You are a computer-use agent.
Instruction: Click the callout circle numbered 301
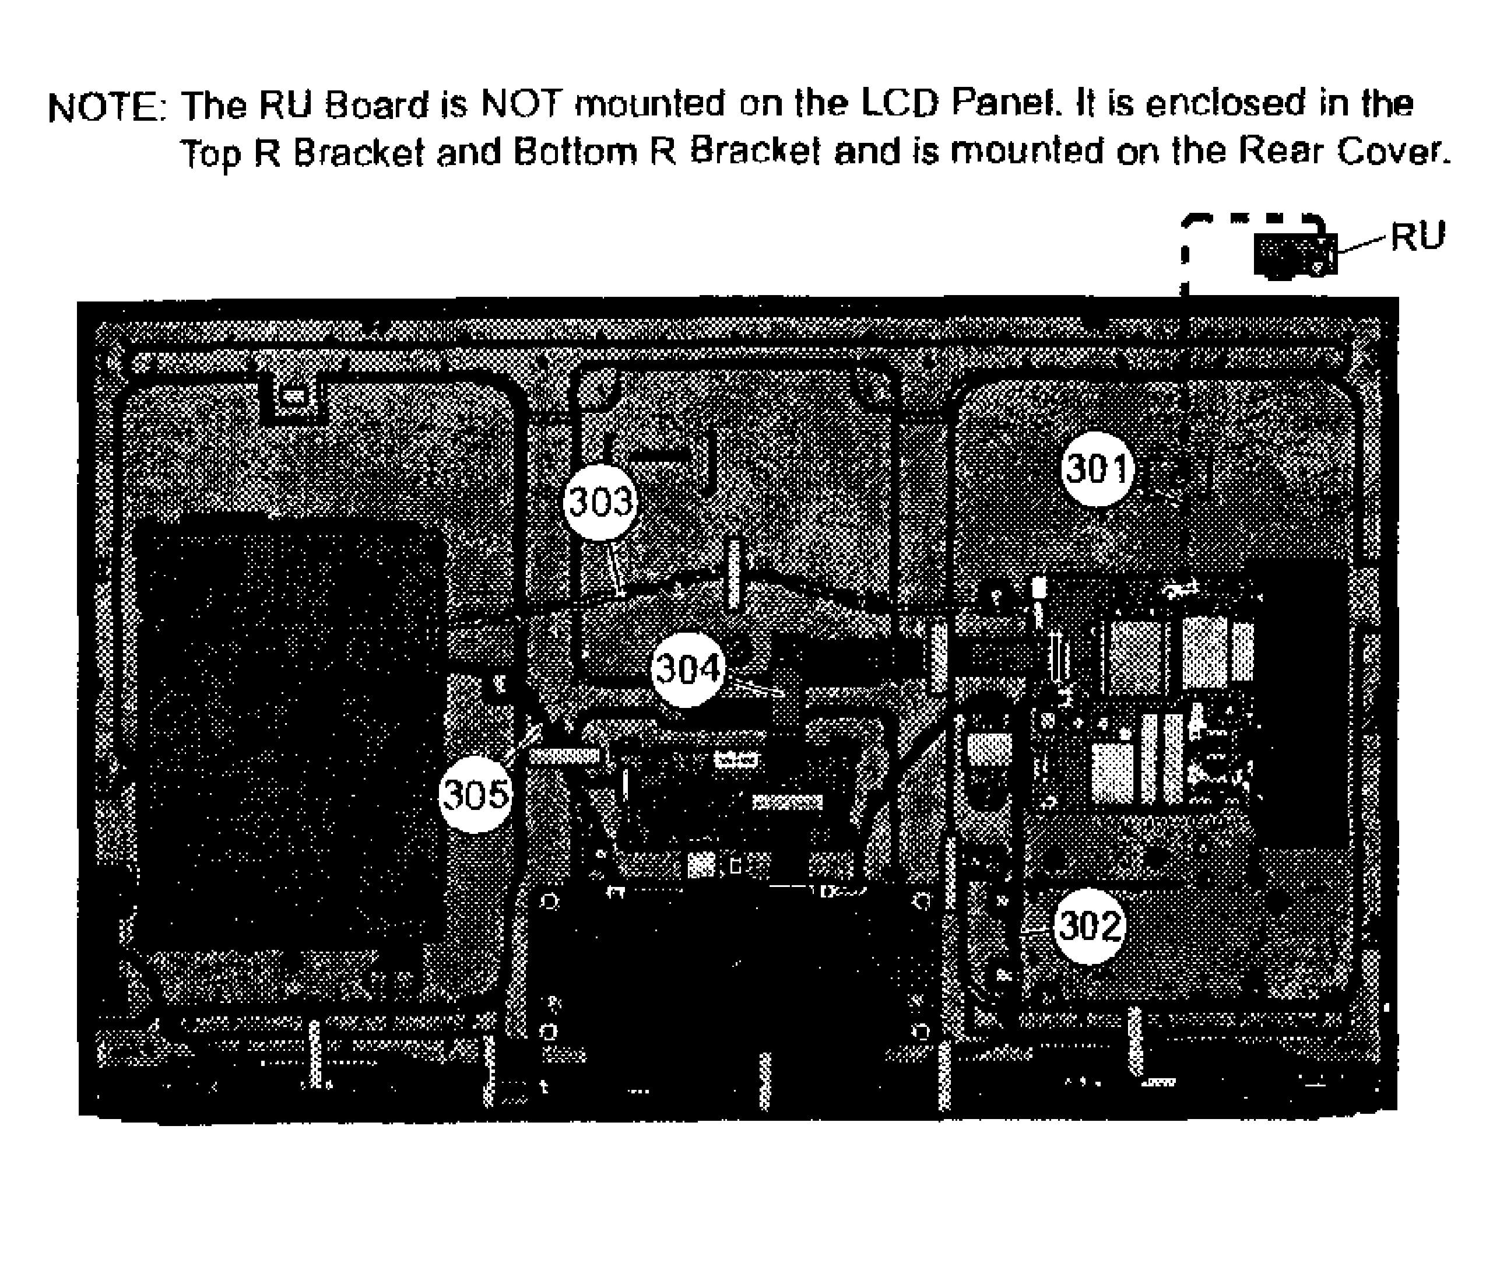(x=1098, y=469)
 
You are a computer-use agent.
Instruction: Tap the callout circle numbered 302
(x=1090, y=927)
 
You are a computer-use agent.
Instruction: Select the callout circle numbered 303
(x=601, y=502)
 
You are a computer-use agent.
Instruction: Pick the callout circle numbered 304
(x=688, y=669)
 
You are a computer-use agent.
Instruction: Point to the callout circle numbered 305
(x=476, y=795)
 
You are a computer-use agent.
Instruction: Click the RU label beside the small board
(x=1417, y=237)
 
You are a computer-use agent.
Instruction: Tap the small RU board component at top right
(x=1295, y=255)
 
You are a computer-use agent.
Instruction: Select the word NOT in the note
(x=520, y=105)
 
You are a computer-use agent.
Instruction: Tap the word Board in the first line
(x=377, y=106)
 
